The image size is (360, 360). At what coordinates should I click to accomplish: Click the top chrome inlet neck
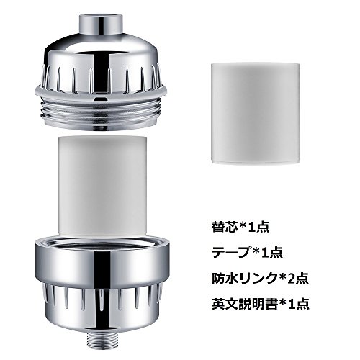pyautogui.click(x=101, y=24)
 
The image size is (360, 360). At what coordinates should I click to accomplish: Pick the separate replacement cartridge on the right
pyautogui.click(x=255, y=114)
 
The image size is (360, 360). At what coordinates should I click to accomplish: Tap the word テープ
pyautogui.click(x=231, y=253)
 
